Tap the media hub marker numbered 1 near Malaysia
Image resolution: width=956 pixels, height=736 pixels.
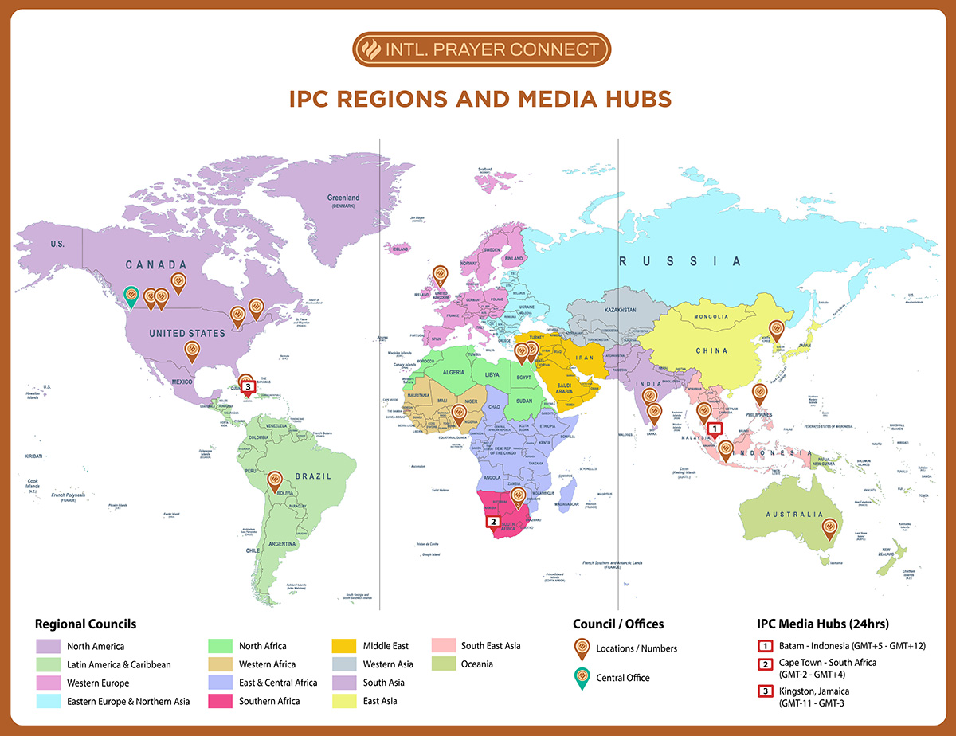[x=715, y=429]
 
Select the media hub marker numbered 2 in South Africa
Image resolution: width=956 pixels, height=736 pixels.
[x=493, y=523]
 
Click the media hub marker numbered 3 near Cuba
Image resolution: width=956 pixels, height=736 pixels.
[x=249, y=386]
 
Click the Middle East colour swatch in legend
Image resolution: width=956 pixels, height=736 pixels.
[x=343, y=646]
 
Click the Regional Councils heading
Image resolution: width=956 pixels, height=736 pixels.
[x=85, y=624]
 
